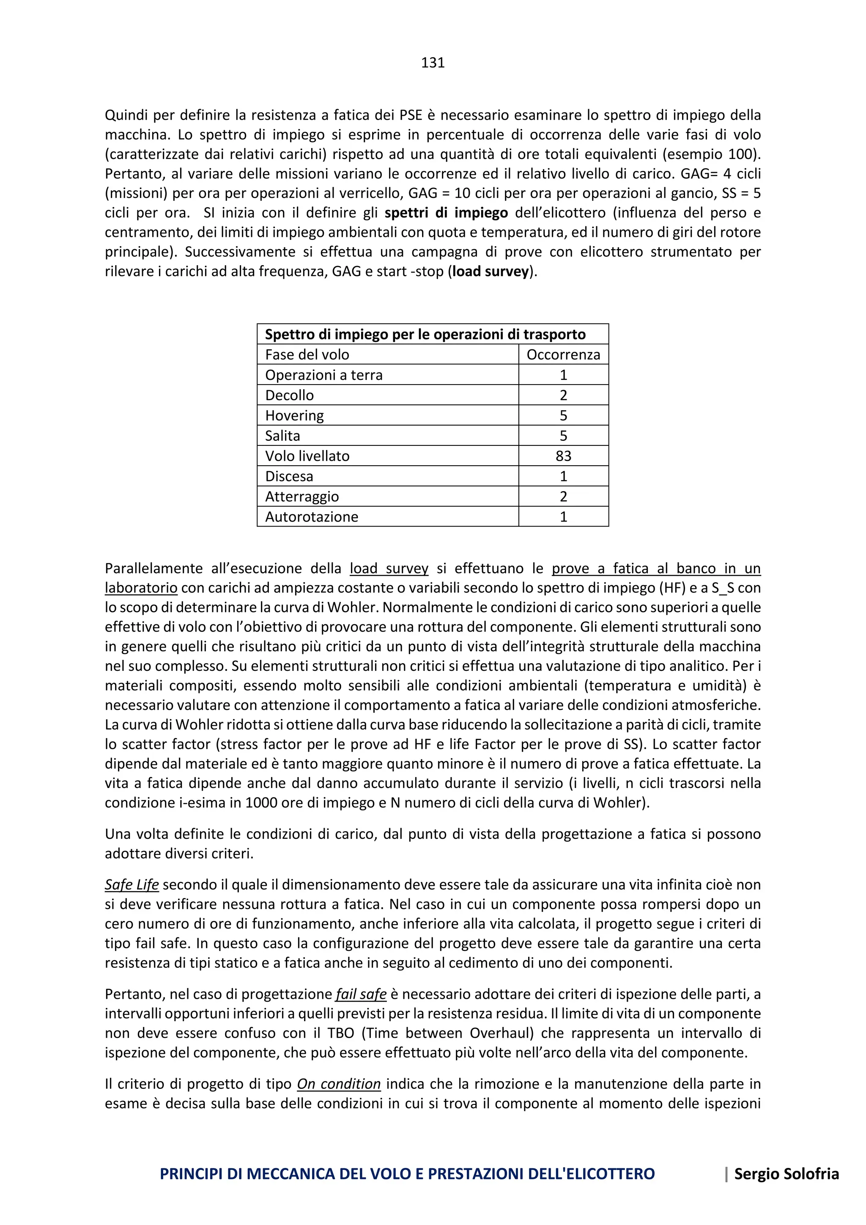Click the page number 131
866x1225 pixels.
point(433,63)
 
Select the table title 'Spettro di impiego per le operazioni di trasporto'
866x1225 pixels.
point(425,335)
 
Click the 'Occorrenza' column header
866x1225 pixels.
point(563,355)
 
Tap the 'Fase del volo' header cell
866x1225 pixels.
point(307,355)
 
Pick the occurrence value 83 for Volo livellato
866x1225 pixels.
point(563,456)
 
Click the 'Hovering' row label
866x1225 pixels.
point(294,416)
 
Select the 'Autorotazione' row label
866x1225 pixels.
point(311,517)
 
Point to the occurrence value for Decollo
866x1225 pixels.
point(563,396)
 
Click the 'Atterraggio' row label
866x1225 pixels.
point(302,497)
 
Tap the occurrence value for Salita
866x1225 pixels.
point(563,436)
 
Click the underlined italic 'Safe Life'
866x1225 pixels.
point(132,884)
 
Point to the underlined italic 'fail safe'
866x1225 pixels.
point(361,994)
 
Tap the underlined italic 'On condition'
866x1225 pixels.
point(339,1084)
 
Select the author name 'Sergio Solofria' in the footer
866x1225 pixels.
point(787,1174)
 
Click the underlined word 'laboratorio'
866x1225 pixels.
point(141,588)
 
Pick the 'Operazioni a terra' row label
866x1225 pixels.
point(323,375)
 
